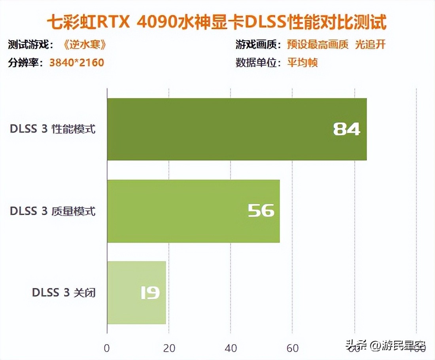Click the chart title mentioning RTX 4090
click(x=217, y=23)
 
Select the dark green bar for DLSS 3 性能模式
click(x=236, y=129)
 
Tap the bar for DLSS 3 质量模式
click(x=193, y=211)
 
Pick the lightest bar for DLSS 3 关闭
click(x=136, y=292)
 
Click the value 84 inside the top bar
click(x=346, y=129)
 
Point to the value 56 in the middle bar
click(x=261, y=211)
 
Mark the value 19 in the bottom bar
click(x=150, y=293)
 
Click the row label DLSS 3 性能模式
click(x=53, y=129)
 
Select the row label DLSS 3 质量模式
click(x=53, y=211)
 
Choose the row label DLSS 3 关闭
click(x=64, y=293)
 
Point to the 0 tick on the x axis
click(x=107, y=348)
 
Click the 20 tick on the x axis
click(x=169, y=348)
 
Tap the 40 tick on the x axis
click(x=231, y=348)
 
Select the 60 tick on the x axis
click(x=293, y=348)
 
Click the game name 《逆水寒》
click(x=85, y=45)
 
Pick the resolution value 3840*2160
click(x=77, y=63)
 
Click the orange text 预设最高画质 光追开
click(x=336, y=45)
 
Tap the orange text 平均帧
click(x=302, y=63)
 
